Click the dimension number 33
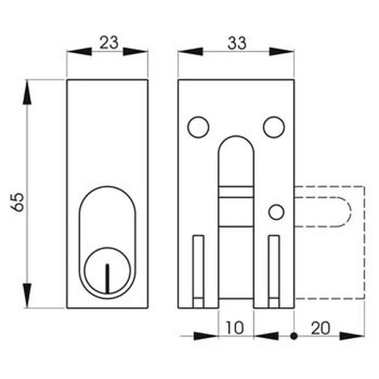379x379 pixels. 236,42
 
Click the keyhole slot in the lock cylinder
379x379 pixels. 107,278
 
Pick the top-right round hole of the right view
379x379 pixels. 274,128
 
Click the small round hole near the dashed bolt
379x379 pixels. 276,211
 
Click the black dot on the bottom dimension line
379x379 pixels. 293,337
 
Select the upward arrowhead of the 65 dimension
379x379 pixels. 27,90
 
